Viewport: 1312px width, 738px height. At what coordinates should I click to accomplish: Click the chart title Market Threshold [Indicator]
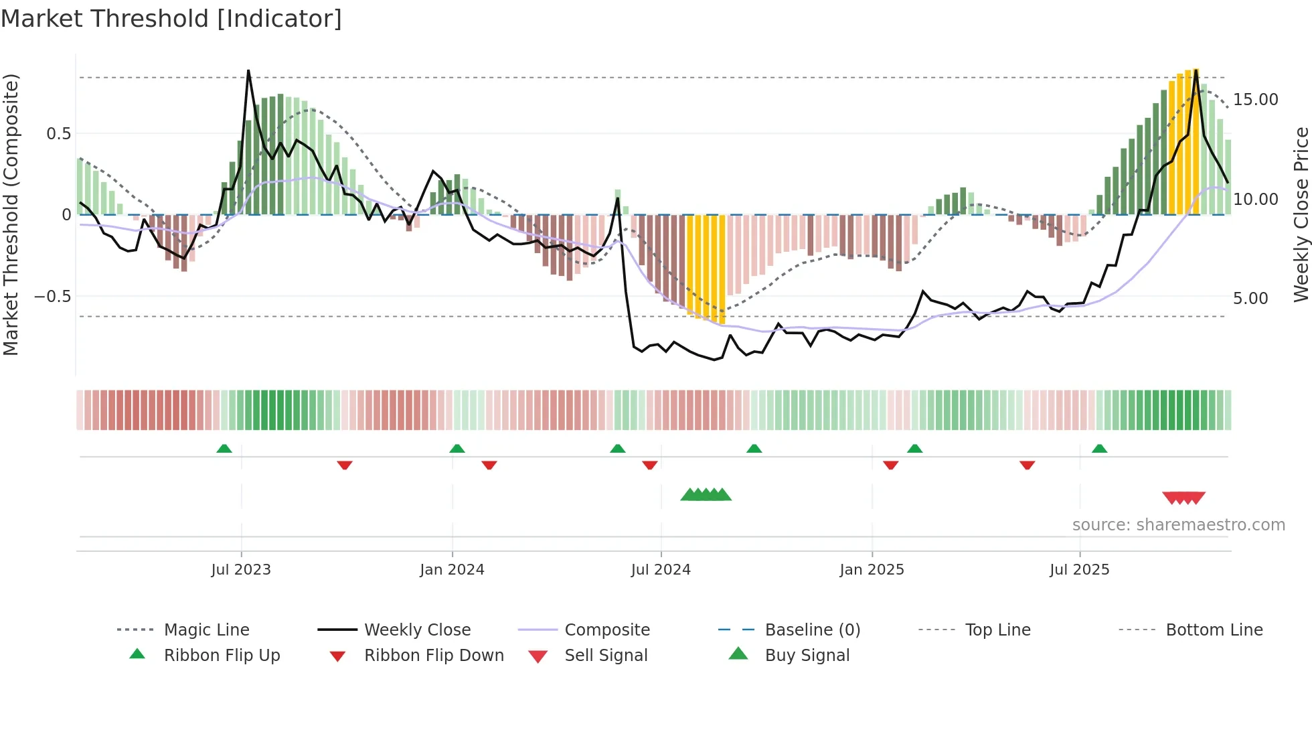(171, 19)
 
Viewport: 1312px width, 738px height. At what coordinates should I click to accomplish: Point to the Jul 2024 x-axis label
(661, 570)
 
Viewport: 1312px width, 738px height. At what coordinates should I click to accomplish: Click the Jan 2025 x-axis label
(872, 570)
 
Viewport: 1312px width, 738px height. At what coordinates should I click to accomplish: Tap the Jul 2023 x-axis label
(241, 570)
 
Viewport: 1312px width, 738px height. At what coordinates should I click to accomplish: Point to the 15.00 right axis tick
(1255, 100)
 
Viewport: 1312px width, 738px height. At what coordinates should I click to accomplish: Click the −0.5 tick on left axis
(52, 297)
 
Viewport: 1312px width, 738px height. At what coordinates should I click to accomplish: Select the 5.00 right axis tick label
(1250, 299)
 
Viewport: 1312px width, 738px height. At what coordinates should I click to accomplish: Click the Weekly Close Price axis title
(1301, 214)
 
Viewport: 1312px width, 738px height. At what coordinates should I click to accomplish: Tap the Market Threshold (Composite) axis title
(11, 214)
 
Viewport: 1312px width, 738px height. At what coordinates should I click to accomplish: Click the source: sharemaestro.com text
(1178, 525)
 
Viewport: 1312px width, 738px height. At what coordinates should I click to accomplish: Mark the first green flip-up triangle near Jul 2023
(224, 449)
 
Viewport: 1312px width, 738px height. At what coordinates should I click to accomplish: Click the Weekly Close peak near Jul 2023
(248, 71)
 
